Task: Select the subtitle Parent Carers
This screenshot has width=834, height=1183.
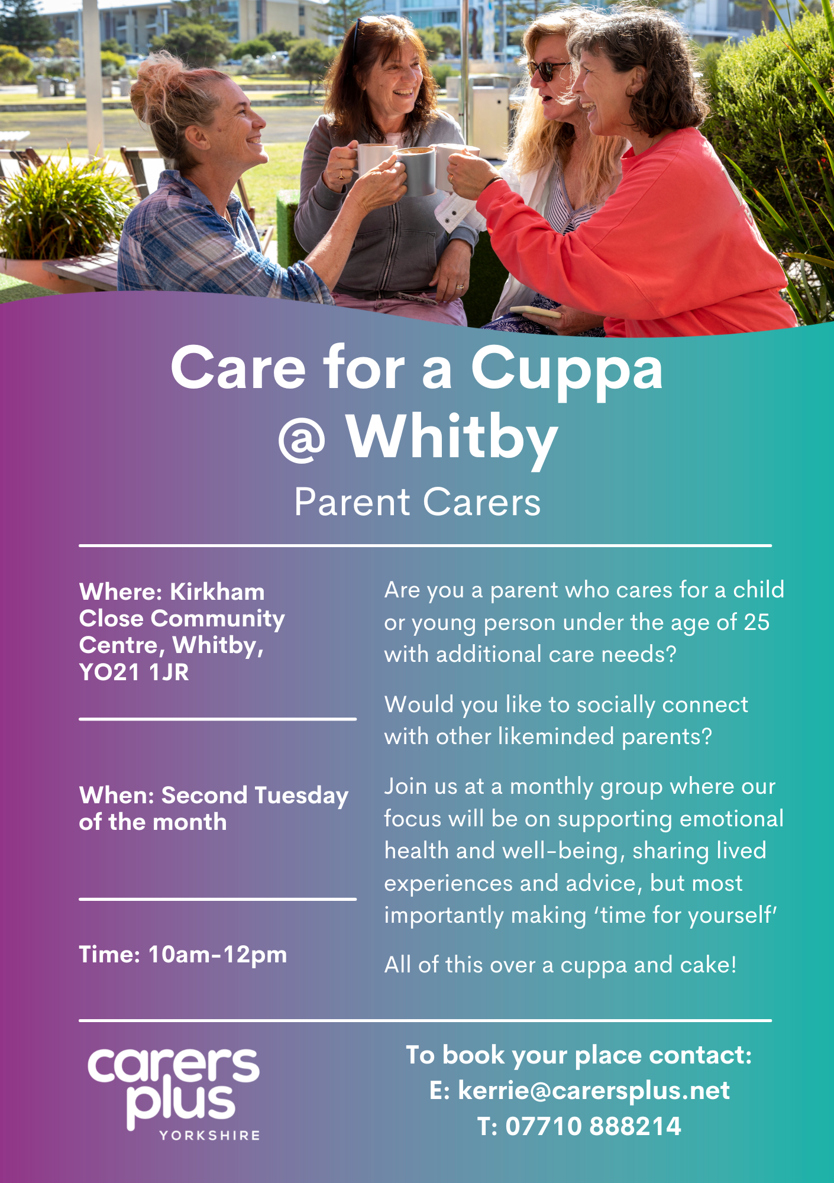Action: point(418,503)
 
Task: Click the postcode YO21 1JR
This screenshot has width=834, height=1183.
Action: point(134,672)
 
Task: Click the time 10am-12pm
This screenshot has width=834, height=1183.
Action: point(218,955)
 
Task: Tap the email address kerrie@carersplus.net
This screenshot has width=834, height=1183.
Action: point(594,1091)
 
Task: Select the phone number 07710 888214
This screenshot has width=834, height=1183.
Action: point(593,1126)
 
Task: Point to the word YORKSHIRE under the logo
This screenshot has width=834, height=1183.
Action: point(210,1135)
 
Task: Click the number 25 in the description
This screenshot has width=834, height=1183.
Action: point(757,622)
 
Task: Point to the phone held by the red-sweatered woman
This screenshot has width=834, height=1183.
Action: point(535,312)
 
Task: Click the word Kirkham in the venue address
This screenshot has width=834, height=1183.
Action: point(217,592)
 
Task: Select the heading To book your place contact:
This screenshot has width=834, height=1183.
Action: point(579,1056)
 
